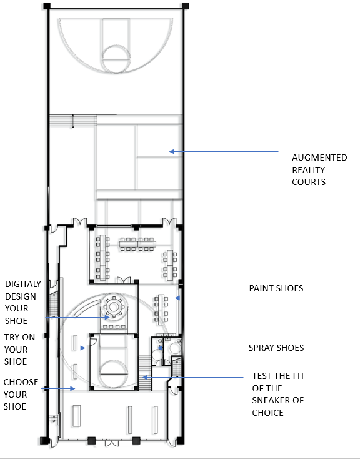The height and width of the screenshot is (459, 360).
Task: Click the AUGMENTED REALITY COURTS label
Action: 319,170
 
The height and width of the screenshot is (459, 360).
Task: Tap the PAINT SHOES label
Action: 276,288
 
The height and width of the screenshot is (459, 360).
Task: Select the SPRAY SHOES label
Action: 276,348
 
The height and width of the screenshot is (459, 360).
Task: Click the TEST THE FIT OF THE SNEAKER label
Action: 278,395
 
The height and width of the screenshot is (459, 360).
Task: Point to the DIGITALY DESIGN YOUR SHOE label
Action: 23,303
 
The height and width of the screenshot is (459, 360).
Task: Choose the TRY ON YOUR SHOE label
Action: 19,349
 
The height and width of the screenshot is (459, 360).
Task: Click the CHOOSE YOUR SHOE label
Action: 21,395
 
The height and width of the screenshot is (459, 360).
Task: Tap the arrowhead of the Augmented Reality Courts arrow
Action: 172,151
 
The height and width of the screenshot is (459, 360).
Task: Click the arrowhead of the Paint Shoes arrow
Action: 177,298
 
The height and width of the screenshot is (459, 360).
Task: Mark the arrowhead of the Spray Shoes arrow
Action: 160,348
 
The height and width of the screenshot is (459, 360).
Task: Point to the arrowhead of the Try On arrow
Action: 83,348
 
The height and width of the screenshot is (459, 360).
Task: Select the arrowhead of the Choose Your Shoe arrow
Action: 73,389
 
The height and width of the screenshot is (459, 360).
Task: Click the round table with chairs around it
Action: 114,307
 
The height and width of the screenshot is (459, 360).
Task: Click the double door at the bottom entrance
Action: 112,443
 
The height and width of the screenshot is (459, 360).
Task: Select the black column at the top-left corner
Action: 47,6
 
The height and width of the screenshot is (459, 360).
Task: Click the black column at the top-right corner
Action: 185,6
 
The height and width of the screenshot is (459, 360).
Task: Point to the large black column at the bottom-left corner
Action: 44,441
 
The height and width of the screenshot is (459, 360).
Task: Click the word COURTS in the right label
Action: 309,182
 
